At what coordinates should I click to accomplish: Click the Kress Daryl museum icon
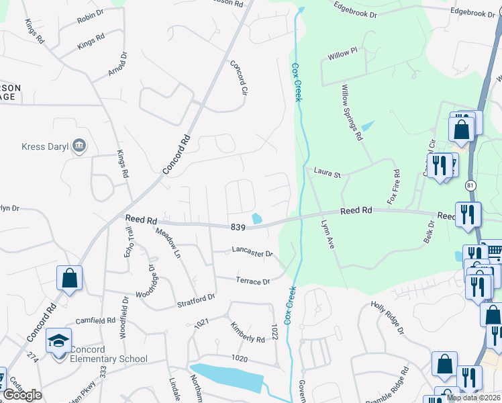tap(79, 146)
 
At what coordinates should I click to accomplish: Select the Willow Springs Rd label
tap(352, 112)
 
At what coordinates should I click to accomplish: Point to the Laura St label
tap(327, 173)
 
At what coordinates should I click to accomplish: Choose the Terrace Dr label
tap(252, 281)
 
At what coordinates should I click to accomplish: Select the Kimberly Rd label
tap(248, 333)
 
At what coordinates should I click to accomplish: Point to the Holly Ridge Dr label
tap(388, 318)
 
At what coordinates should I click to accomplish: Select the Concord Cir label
tap(239, 77)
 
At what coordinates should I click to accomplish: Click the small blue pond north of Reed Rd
tap(256, 218)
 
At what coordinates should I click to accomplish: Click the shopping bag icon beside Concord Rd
tap(69, 278)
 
